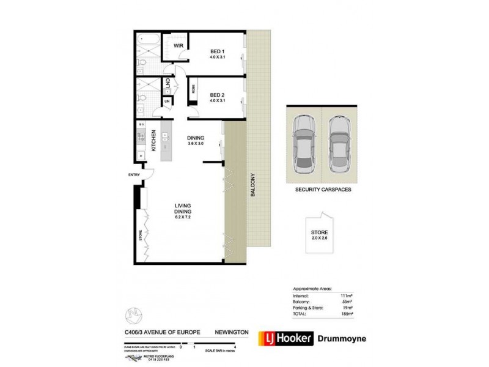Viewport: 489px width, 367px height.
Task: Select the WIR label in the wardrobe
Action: (x=179, y=46)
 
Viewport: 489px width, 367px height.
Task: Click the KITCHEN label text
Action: (x=154, y=141)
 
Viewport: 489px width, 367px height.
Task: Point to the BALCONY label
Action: (x=252, y=186)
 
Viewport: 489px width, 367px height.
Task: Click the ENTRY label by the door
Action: (x=134, y=176)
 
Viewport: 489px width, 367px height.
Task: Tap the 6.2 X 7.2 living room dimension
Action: (x=183, y=217)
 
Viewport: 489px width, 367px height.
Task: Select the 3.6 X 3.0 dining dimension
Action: (x=196, y=144)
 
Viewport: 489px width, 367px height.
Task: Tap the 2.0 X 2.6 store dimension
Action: (x=320, y=239)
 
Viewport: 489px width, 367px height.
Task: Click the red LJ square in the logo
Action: (x=267, y=338)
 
